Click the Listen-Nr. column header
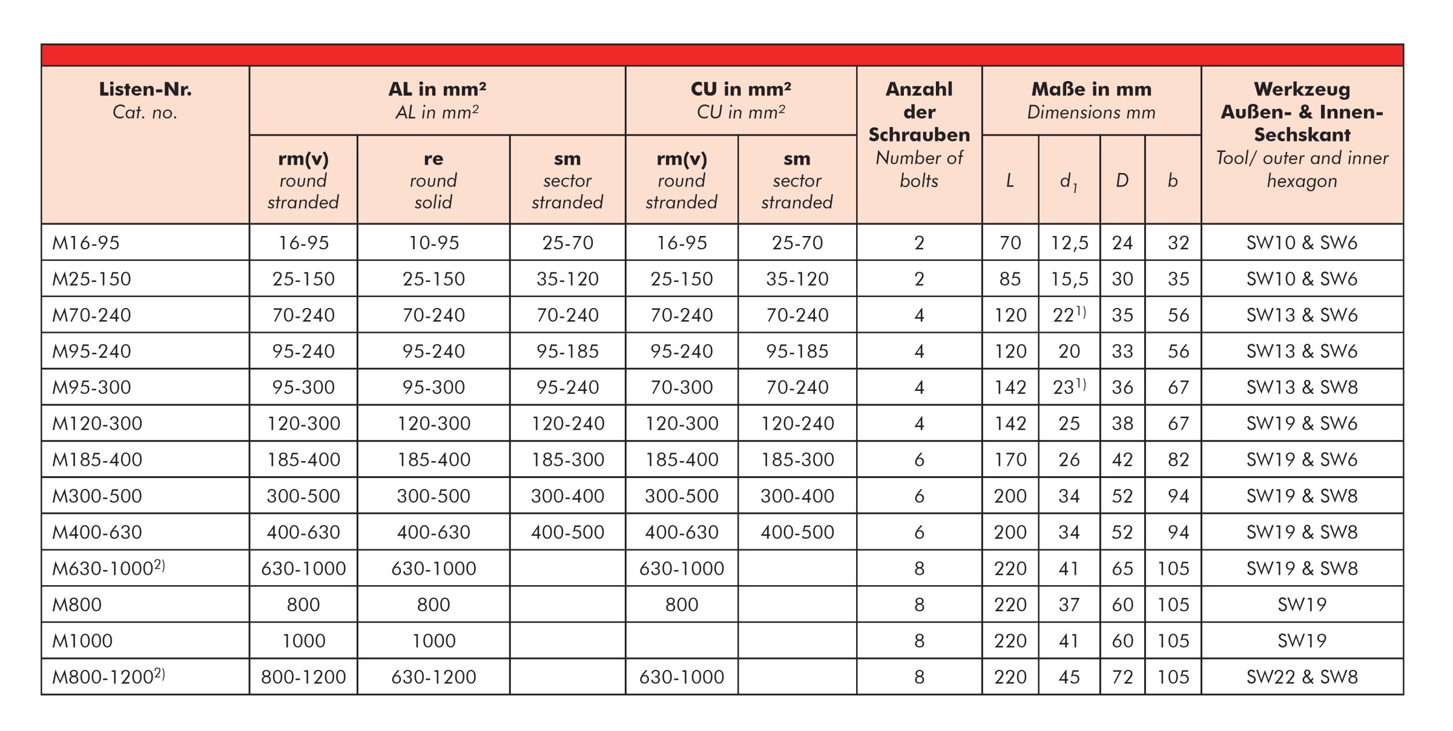pyautogui.click(x=145, y=100)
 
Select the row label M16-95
pyautogui.click(x=86, y=243)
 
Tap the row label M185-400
pyautogui.click(x=97, y=459)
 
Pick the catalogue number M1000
pyautogui.click(x=82, y=640)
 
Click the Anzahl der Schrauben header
pyautogui.click(x=919, y=134)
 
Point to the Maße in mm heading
pyautogui.click(x=1091, y=100)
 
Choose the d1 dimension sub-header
pyautogui.click(x=1069, y=181)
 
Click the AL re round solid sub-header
pyautogui.click(x=433, y=180)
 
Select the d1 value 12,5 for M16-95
pyautogui.click(x=1069, y=243)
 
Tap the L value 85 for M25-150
pyautogui.click(x=1010, y=279)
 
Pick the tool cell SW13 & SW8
pyautogui.click(x=1302, y=387)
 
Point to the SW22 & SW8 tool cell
pyautogui.click(x=1302, y=677)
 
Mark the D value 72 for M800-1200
pyautogui.click(x=1122, y=677)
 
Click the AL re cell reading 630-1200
pyautogui.click(x=433, y=677)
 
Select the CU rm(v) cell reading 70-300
pyautogui.click(x=681, y=387)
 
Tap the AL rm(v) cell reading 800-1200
pyautogui.click(x=303, y=677)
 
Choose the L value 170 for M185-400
pyautogui.click(x=1010, y=459)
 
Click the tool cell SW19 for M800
pyautogui.click(x=1302, y=604)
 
